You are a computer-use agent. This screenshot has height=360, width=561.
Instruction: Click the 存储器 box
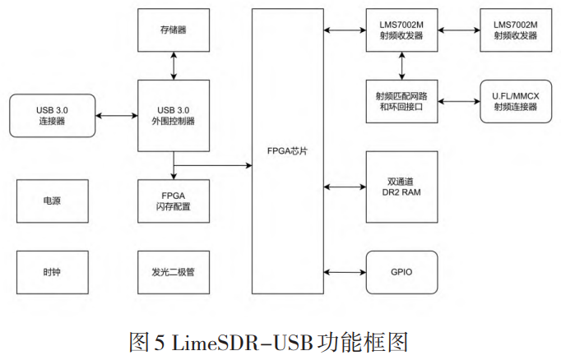(174, 30)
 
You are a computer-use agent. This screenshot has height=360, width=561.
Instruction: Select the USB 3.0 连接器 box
(51, 115)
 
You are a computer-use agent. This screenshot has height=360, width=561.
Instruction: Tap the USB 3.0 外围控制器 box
(174, 115)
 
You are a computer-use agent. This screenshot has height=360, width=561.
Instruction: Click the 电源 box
(51, 201)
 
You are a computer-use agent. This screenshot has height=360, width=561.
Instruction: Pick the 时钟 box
(51, 270)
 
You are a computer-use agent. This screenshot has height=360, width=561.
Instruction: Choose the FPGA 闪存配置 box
(174, 201)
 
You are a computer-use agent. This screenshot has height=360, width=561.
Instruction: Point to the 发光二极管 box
(174, 270)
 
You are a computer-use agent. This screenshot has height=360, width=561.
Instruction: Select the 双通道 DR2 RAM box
(402, 187)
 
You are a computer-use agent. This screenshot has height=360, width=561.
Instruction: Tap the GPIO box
(402, 270)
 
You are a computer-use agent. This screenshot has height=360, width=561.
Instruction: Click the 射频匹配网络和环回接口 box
(402, 101)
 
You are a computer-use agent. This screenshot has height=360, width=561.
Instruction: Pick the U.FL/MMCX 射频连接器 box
(514, 101)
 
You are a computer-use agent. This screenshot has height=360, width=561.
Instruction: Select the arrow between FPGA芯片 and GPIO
(345, 270)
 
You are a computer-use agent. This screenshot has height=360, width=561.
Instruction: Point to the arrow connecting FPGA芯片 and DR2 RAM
(345, 187)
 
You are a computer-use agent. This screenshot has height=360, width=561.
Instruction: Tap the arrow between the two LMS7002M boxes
(458, 30)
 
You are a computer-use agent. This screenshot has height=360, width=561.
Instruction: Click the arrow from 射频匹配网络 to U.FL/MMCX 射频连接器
(458, 101)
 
